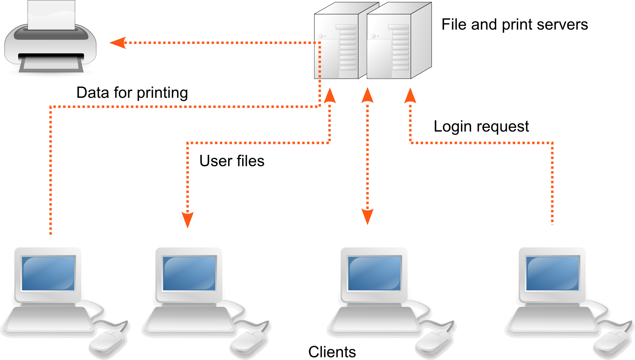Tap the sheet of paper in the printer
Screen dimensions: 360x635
51,15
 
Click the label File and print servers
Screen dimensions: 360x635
514,25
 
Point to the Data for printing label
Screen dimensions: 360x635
132,93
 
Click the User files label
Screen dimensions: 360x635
232,161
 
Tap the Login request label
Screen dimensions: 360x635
481,126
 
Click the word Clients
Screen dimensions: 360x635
332,352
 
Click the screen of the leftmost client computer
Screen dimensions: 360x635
48,273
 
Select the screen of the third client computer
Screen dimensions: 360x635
374,273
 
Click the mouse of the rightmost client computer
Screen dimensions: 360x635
613,342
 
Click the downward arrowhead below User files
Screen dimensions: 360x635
188,219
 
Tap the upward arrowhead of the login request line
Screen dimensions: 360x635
410,96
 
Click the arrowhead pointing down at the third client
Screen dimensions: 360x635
367,216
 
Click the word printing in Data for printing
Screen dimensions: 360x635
162,93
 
